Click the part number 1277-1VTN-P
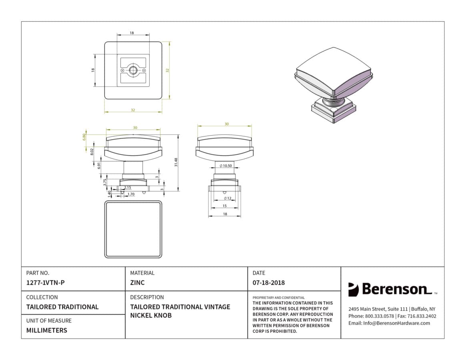point(45,283)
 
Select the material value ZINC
point(137,283)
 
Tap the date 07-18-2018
point(269,283)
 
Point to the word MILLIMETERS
point(47,330)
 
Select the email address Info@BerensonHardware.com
point(396,323)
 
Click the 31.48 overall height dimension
point(176,162)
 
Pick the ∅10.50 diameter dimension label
point(226,166)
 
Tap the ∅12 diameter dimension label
point(227,198)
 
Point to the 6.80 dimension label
point(84,137)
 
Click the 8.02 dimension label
point(92,152)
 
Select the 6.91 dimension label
point(99,165)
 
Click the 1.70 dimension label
point(131,194)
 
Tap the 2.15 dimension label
point(128,188)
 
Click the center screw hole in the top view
point(133,70)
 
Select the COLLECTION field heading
point(42,297)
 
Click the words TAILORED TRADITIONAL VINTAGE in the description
point(180,307)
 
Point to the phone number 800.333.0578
point(379,316)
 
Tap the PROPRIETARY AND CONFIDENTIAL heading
point(278,298)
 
